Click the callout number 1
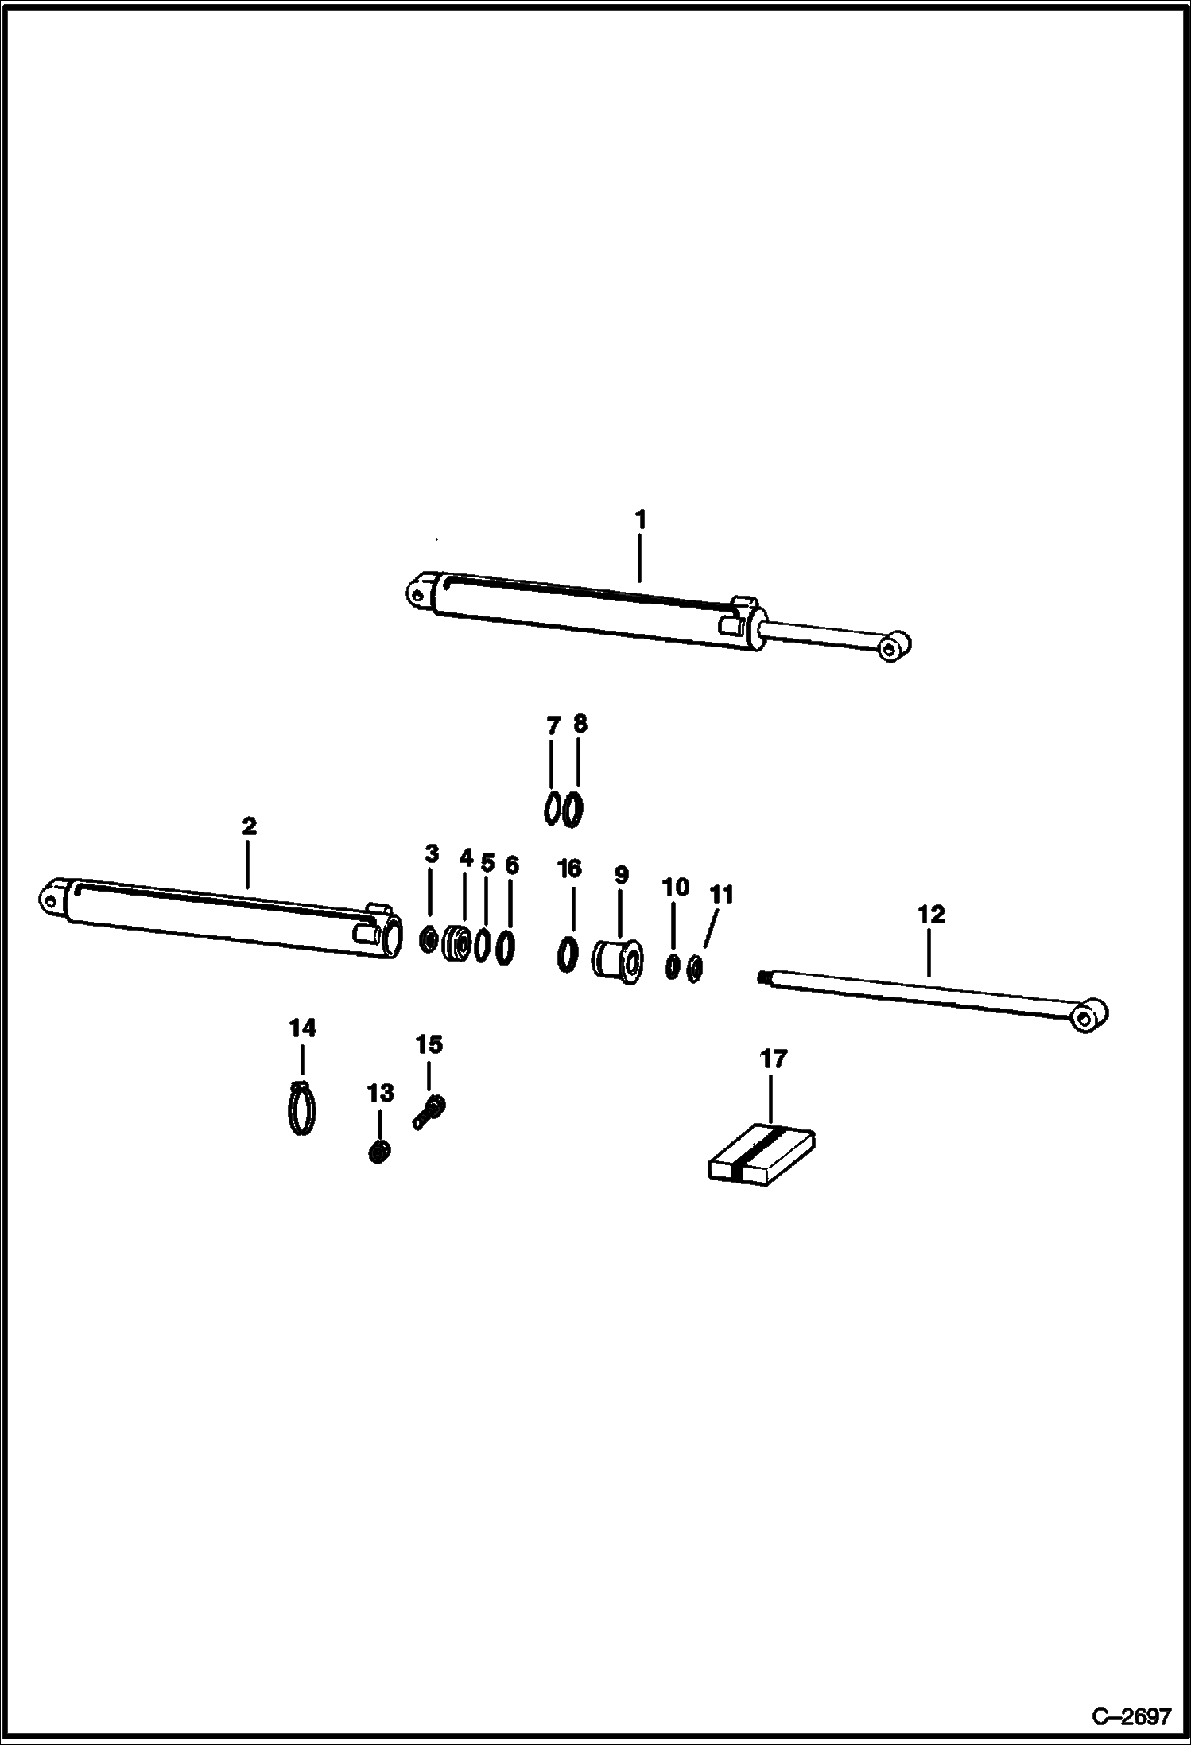[640, 520]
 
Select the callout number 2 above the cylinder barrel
[249, 826]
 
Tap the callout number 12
[931, 915]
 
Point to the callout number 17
[773, 1059]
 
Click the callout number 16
[569, 869]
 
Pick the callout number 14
[302, 1028]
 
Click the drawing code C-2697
[1131, 1716]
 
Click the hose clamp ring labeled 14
[301, 1108]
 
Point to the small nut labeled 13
[379, 1151]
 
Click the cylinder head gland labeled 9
[619, 961]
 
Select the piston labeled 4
[456, 945]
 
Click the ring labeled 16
[567, 954]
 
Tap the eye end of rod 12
[1088, 1016]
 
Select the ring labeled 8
[572, 810]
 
